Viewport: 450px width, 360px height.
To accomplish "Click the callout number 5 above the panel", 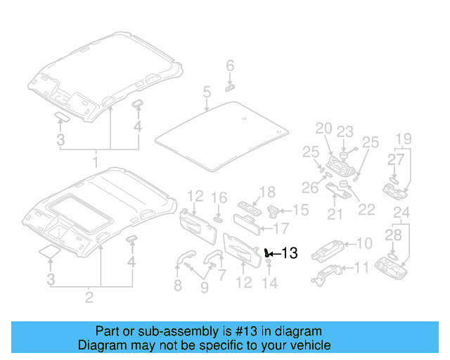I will coord(207,92).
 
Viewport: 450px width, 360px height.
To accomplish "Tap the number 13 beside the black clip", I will coord(289,254).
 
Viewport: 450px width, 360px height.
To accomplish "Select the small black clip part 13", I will coord(267,252).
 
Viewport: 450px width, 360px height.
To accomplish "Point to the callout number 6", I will coord(229,66).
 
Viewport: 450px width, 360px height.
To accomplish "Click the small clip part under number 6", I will coord(229,88).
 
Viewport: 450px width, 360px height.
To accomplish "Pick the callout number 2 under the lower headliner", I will coord(89,297).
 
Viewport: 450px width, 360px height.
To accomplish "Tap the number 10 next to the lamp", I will coord(364,244).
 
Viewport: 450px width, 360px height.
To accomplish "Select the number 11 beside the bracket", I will coord(361,268).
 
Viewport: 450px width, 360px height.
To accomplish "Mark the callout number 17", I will coord(281,228).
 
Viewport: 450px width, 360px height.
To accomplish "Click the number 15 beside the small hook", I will coord(300,210).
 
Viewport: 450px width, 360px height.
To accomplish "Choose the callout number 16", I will coord(219,198).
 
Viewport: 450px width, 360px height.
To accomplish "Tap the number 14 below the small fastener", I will coord(270,283).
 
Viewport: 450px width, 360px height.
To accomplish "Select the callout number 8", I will coord(177,285).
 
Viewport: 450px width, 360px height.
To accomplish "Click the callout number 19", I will coord(402,138).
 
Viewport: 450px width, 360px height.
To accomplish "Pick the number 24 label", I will coord(401,213).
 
